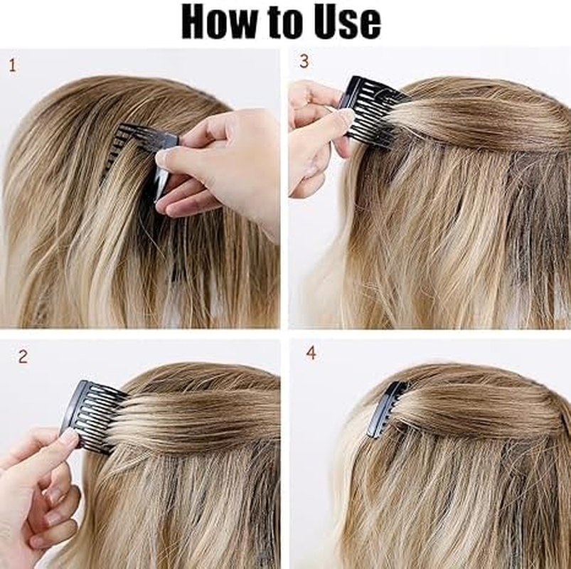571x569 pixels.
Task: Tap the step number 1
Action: coord(12,66)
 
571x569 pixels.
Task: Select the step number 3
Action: coord(304,62)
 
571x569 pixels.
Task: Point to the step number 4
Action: coord(311,353)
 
